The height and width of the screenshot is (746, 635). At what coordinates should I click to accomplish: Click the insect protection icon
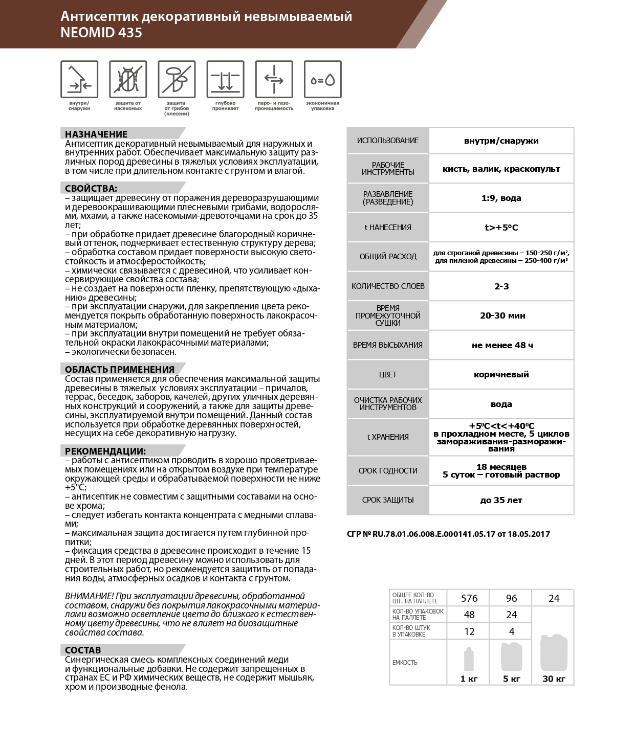(128, 79)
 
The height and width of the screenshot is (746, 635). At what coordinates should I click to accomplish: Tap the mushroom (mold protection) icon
(177, 79)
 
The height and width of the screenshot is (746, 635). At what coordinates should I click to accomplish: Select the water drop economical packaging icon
(322, 79)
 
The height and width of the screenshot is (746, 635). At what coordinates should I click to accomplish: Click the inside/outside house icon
(79, 79)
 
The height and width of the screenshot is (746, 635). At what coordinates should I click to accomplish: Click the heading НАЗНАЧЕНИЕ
(96, 134)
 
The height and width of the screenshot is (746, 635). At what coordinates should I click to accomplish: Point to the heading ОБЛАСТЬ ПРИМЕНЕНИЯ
(120, 369)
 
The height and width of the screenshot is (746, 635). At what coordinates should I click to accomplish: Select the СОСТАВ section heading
(83, 650)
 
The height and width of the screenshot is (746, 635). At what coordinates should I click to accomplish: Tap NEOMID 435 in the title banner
(101, 33)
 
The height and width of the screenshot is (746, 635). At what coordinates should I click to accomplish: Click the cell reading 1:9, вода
(501, 198)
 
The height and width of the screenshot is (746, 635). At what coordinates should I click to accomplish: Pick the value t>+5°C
(501, 228)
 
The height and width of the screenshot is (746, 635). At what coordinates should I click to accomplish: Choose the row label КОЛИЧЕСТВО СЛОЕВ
(388, 286)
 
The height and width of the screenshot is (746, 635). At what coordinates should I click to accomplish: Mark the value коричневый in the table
(501, 374)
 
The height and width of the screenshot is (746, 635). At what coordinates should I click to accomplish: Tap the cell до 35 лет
(501, 500)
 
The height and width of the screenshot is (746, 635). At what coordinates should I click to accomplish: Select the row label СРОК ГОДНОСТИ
(388, 470)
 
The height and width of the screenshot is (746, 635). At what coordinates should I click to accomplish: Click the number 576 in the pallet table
(469, 598)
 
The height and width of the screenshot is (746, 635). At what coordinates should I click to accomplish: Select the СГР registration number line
(448, 534)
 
